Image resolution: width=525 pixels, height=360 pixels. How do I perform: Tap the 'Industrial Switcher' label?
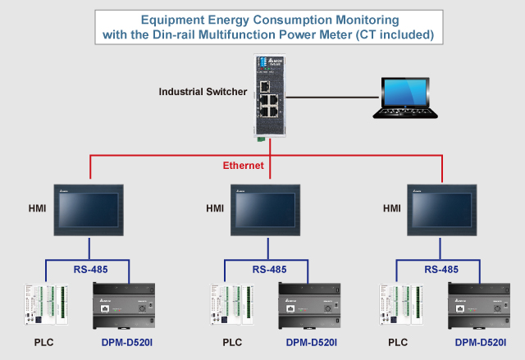[203, 91]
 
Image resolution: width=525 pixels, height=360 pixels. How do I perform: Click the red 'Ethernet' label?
[244, 166]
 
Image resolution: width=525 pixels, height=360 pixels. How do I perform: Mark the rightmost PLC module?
[399, 306]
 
